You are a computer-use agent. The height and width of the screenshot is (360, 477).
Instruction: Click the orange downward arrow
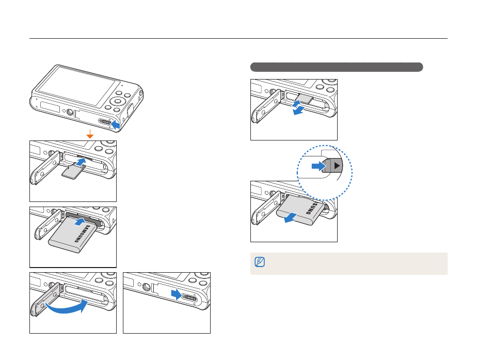pyautogui.click(x=90, y=134)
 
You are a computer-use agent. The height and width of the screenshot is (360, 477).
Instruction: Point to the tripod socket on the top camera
pyautogui.click(x=68, y=109)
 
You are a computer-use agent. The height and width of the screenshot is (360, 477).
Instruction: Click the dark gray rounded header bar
pyautogui.click(x=337, y=67)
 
